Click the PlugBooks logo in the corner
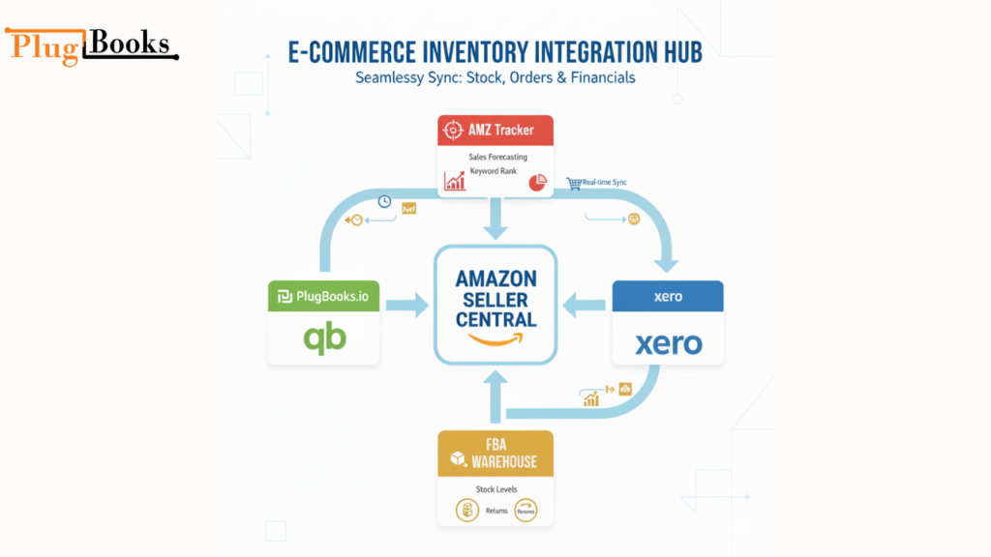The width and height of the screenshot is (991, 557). [x=92, y=44]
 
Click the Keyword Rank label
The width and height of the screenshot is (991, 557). [x=495, y=171]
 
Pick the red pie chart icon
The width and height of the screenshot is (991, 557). [x=537, y=182]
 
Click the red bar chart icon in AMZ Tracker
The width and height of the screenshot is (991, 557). [x=455, y=181]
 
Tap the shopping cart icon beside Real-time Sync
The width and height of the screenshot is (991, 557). [x=573, y=182]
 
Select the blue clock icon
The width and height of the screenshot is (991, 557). [x=384, y=201]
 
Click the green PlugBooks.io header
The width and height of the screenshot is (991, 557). [x=323, y=297]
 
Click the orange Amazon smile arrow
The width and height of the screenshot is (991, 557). [x=495, y=338]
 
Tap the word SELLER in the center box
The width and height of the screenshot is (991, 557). [x=495, y=300]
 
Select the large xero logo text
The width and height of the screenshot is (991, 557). [x=668, y=342]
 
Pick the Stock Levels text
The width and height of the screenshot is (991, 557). [x=495, y=489]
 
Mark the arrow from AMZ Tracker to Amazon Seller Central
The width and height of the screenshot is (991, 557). [x=495, y=219]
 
